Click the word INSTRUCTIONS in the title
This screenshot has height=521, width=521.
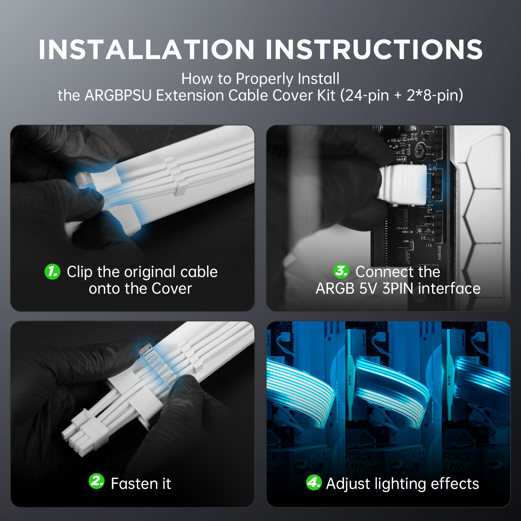(x=374, y=50)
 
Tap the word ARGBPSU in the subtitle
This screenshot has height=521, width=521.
(x=118, y=96)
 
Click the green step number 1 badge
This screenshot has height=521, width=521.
(x=52, y=271)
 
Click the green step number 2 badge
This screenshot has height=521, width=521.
(x=97, y=481)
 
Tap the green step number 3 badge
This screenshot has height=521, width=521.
(x=341, y=271)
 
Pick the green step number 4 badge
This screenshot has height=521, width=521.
(x=314, y=482)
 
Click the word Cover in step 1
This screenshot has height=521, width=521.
(x=172, y=289)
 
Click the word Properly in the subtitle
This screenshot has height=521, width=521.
(x=265, y=79)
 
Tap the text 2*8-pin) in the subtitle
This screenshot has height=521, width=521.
(x=435, y=96)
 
